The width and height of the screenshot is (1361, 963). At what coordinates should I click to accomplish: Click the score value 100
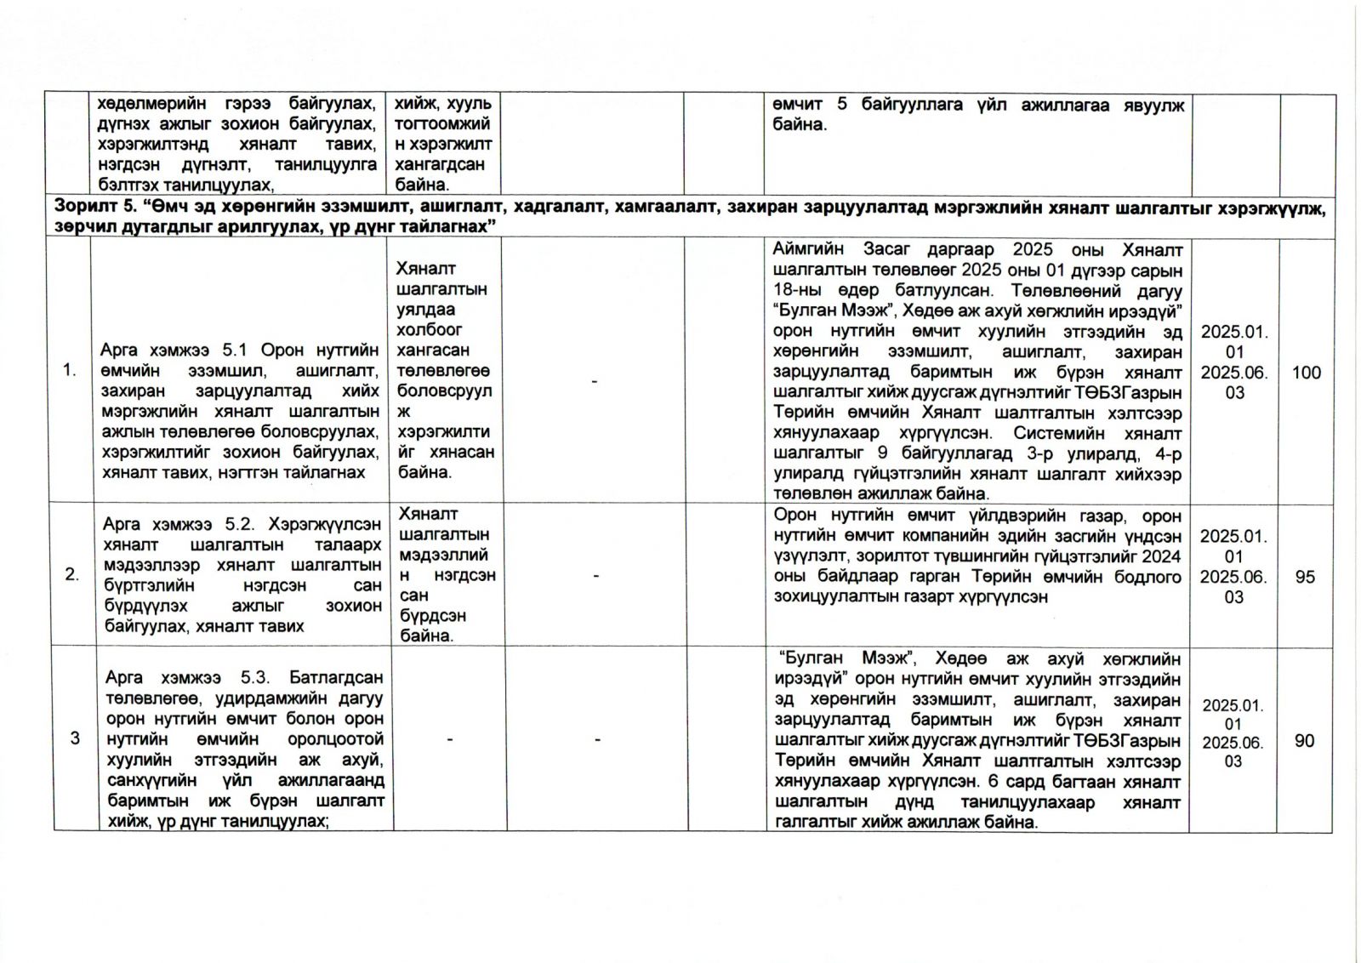[1307, 373]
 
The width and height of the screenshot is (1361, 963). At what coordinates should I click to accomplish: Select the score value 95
[1305, 577]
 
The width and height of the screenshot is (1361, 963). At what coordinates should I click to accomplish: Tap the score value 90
[1305, 741]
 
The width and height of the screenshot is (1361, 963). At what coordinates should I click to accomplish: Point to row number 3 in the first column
[75, 738]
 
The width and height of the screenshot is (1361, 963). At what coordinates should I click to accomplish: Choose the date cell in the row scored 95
[1233, 567]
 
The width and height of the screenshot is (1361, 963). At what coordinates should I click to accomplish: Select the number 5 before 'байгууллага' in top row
[842, 105]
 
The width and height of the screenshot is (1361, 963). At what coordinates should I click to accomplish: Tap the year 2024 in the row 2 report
[1162, 556]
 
